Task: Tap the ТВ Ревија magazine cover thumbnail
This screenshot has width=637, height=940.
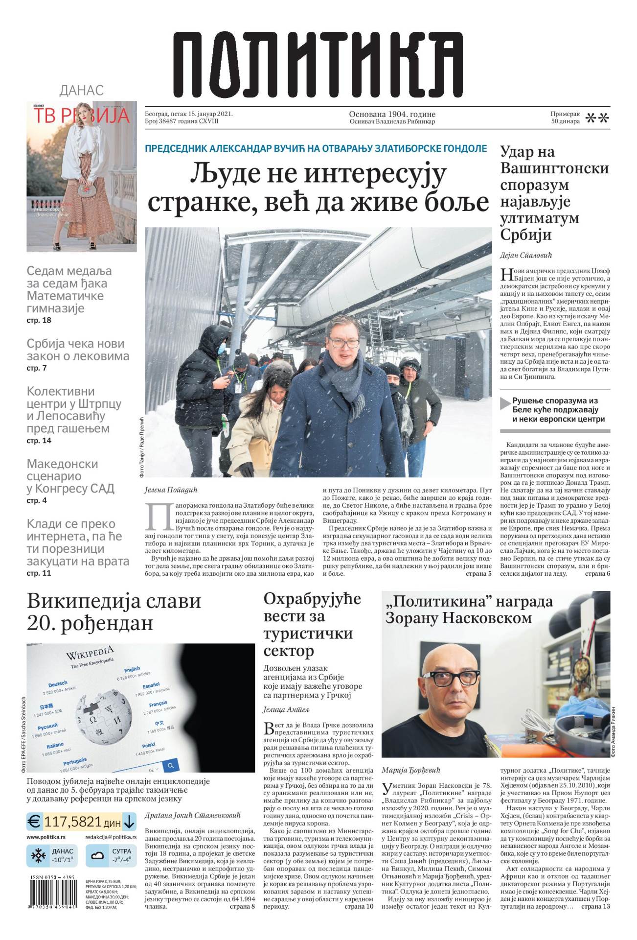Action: click(82, 176)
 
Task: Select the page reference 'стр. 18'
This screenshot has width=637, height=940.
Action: click(39, 320)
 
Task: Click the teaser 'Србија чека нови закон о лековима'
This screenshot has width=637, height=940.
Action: click(78, 350)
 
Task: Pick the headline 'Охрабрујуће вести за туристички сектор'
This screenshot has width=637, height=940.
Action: click(312, 625)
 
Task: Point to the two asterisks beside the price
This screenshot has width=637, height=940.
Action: click(597, 118)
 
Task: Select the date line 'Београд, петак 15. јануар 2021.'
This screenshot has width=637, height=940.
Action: click(188, 114)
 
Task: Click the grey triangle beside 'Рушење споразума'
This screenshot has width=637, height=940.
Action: click(505, 404)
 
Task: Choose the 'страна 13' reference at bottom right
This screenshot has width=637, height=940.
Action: click(595, 907)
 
